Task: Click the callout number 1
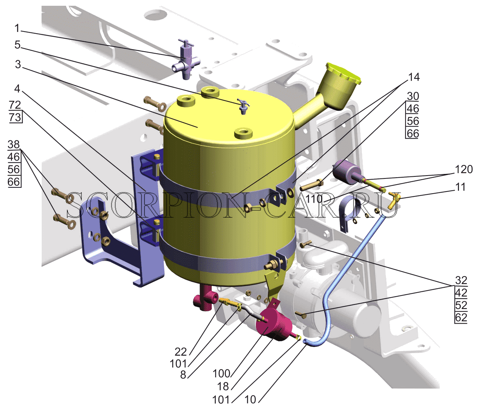point(17,28)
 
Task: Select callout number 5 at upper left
point(18,45)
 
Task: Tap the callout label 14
point(414,77)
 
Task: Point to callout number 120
point(464,169)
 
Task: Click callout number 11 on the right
point(460,187)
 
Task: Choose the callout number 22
point(181,351)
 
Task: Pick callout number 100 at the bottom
point(221,374)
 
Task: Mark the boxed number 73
point(15,117)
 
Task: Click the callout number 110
point(314,199)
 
